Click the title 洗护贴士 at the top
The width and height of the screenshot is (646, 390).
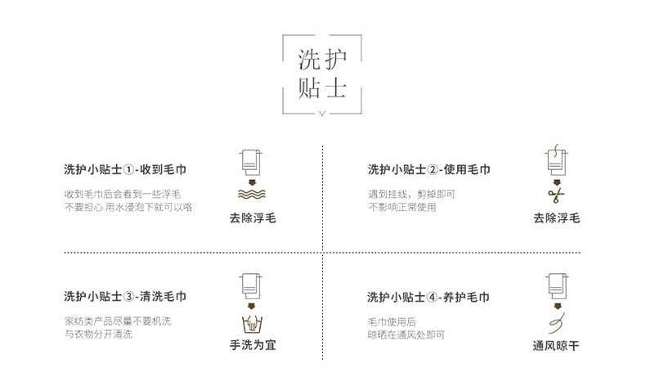pos(322,74)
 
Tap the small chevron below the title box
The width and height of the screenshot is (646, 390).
pos(322,113)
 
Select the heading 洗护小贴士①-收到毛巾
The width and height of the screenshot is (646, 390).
pos(125,169)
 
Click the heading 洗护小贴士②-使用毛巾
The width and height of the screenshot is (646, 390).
pos(428,169)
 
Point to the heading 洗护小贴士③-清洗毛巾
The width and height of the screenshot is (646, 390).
pos(125,296)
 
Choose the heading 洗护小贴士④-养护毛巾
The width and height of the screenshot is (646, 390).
pos(428,297)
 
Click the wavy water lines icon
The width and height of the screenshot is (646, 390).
pos(252,194)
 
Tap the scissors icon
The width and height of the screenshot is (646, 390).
pos(556,195)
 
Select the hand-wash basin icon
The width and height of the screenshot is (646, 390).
pos(252,324)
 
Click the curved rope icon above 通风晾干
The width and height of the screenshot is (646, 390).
pos(557,323)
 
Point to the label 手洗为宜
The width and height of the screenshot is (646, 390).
pos(253,345)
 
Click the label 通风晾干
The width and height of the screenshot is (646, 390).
pos(556,346)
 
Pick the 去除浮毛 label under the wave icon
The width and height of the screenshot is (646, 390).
pos(253,217)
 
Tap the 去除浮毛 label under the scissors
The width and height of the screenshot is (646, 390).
pos(557,217)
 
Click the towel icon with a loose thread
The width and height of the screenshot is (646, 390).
pos(556,159)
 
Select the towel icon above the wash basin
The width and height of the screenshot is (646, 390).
pos(250,286)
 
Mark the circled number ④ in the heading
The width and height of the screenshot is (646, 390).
pos(433,298)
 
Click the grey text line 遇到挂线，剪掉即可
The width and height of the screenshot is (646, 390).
pos(411,194)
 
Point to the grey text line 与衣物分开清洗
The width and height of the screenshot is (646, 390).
pos(98,334)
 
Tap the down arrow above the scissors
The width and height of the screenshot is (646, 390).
pos(557,182)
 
